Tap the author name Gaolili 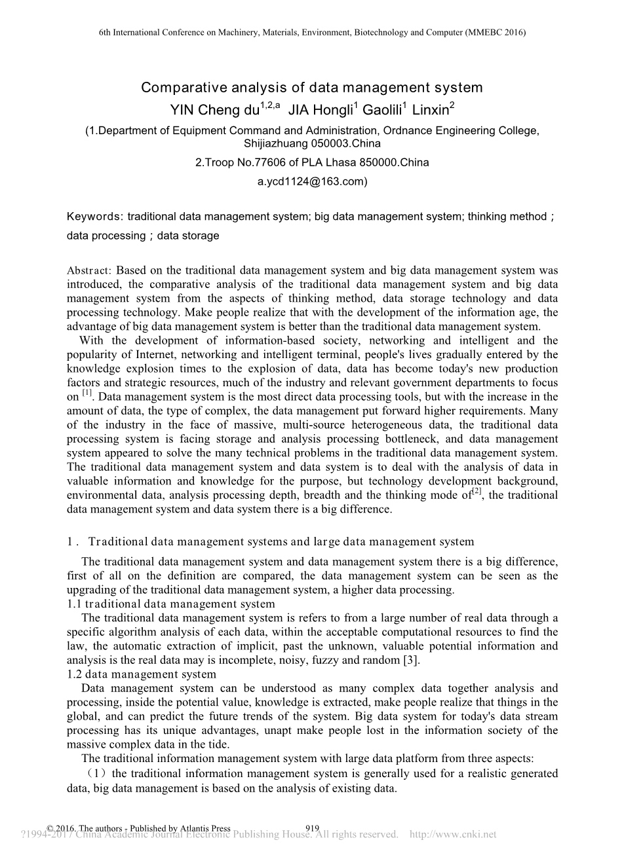[383, 109]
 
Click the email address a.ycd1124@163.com [312, 182]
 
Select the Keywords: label [95, 217]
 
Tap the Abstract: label [89, 270]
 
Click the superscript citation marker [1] [87, 393]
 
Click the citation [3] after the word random [412, 660]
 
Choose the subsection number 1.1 [74, 604]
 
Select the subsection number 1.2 [74, 674]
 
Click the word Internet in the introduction [144, 355]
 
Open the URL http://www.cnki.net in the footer [453, 835]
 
